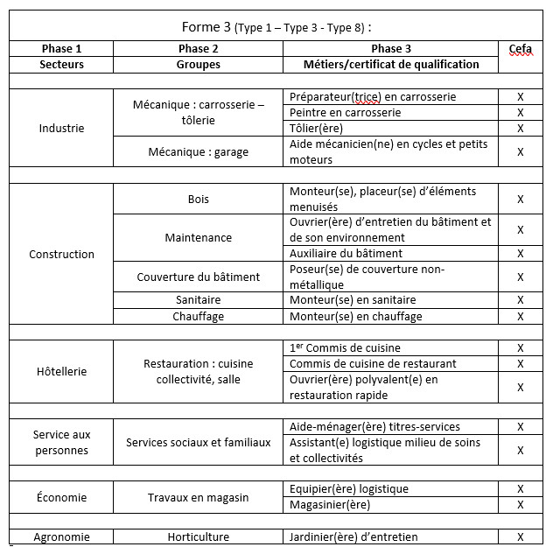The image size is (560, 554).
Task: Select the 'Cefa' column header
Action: pos(520,49)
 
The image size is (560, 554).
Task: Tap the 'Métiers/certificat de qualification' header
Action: pos(391,65)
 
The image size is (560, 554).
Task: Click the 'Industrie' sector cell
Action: pos(61,128)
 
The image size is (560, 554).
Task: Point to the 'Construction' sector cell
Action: pos(61,254)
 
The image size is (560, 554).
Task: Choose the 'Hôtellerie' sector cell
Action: pos(61,371)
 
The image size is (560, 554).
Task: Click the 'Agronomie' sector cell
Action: pos(61,536)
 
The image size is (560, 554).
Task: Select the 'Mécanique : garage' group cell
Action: pos(199,151)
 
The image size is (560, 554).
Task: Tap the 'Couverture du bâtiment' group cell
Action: pos(199,277)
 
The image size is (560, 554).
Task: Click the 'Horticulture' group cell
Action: pos(199,536)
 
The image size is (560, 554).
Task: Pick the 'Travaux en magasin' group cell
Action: pos(199,497)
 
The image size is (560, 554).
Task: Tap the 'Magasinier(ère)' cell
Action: pos(330,505)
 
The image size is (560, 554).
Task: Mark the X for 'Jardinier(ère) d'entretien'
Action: pos(520,536)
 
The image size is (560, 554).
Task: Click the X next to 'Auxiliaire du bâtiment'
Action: pos(520,253)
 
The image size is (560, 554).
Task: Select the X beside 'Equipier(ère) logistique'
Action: pos(520,489)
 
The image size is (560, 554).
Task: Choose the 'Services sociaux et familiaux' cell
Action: pos(199,442)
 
